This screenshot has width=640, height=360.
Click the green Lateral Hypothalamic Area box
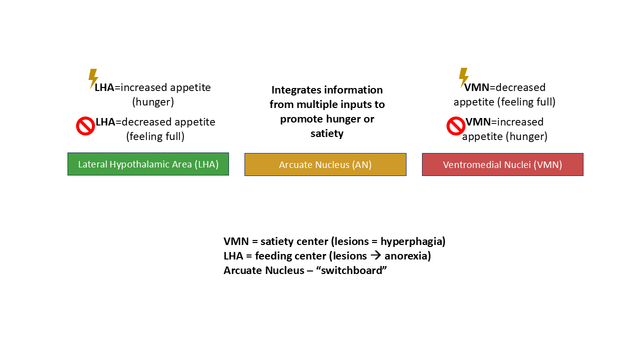[x=148, y=164]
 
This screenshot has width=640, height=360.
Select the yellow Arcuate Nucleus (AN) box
[x=325, y=164]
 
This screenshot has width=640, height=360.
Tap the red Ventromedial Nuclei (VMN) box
[x=502, y=164]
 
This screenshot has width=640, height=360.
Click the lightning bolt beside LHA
[x=93, y=78]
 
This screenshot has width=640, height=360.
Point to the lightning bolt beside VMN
[x=463, y=77]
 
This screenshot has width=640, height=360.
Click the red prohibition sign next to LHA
[x=85, y=126]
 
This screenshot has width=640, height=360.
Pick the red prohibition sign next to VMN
[x=455, y=126]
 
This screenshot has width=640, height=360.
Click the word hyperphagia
[x=413, y=241]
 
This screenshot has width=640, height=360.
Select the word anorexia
[x=407, y=256]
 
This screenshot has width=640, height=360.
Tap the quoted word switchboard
[x=351, y=270]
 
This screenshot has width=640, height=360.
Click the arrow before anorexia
[x=375, y=255]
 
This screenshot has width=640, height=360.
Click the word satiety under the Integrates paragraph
[x=327, y=133]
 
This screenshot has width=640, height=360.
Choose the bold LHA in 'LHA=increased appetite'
[x=104, y=87]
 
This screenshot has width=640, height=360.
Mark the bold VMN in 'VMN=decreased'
[x=476, y=87]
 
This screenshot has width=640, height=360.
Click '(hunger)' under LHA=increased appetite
[x=153, y=102]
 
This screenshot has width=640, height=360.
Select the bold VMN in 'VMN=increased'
[x=478, y=122]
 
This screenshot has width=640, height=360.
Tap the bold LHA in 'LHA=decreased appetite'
[x=105, y=122]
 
